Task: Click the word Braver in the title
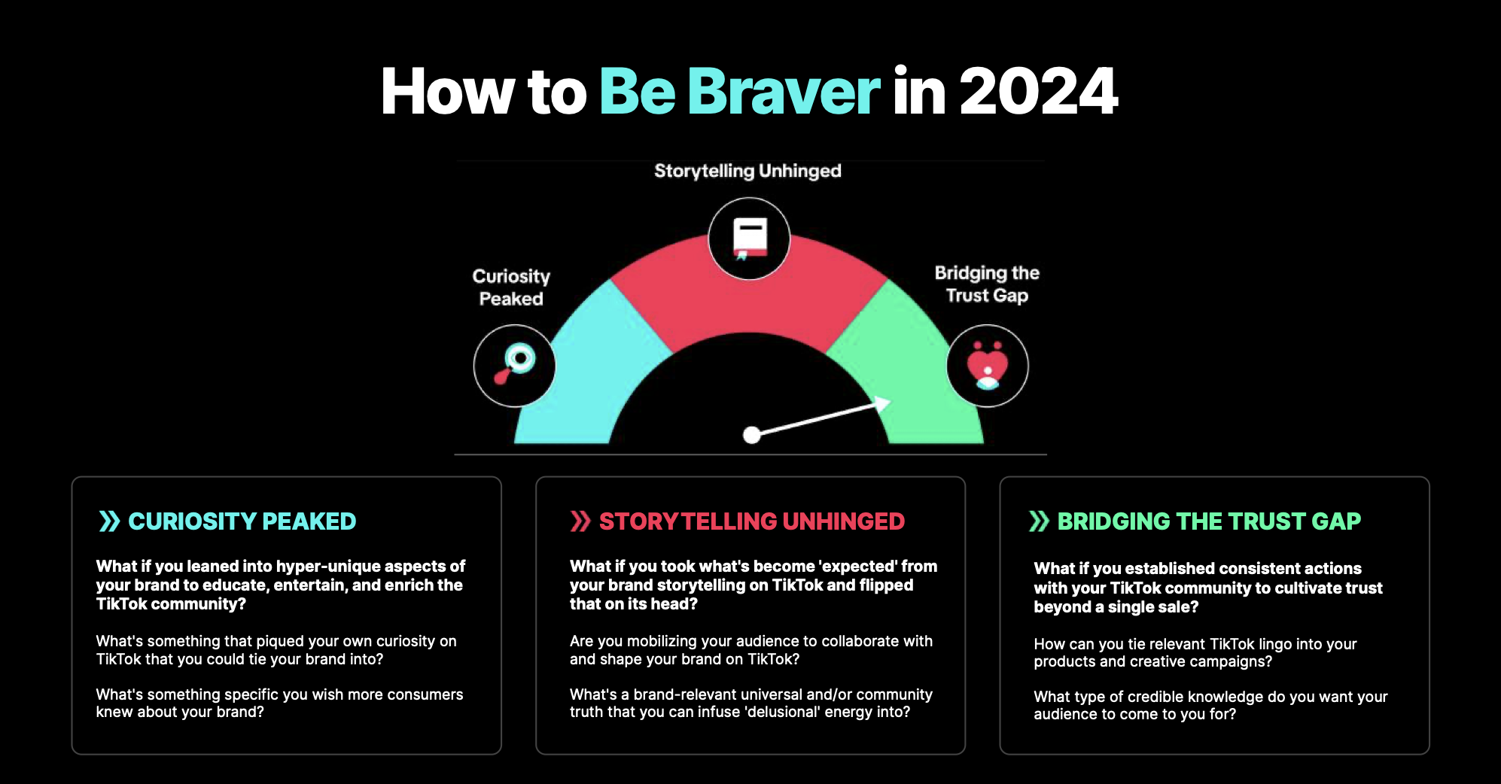click(x=784, y=92)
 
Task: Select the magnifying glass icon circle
click(x=514, y=366)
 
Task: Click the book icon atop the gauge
click(x=749, y=239)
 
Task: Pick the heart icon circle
click(x=987, y=366)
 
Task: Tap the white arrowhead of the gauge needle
click(x=882, y=405)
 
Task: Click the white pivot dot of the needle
click(x=751, y=435)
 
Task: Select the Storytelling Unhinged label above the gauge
click(x=747, y=171)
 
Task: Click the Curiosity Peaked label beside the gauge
click(x=511, y=287)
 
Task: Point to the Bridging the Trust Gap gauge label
click(x=987, y=284)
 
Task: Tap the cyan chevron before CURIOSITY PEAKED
click(x=109, y=521)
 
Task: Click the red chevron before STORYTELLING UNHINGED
click(x=580, y=521)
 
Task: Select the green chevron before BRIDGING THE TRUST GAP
click(x=1039, y=521)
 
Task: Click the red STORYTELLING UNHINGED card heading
click(x=751, y=521)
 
